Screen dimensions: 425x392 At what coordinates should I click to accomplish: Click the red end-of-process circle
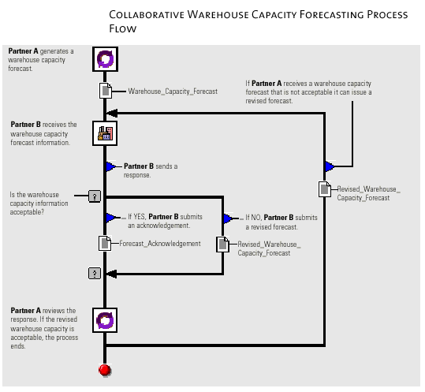pos(105,371)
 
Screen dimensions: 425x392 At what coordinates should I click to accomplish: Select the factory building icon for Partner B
pos(105,133)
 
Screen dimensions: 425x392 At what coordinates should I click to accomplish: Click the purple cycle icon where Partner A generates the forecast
pos(105,59)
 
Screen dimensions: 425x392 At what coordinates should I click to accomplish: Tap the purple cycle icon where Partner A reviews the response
pos(105,320)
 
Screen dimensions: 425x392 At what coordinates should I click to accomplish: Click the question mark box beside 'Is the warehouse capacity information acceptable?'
pos(95,196)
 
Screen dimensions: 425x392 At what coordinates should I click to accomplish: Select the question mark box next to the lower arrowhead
pos(95,273)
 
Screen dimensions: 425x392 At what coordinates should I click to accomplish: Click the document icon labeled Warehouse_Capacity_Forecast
pos(106,91)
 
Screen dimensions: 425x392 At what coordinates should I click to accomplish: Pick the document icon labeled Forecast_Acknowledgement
pos(105,243)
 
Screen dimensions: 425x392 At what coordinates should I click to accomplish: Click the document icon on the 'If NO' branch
pos(222,245)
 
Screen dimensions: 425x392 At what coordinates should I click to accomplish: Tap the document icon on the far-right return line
pos(325,189)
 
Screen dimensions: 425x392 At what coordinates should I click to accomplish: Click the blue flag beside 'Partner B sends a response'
pos(110,166)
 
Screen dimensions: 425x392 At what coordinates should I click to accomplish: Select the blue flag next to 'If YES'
pos(110,218)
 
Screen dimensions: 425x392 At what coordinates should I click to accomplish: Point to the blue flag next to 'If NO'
pos(228,218)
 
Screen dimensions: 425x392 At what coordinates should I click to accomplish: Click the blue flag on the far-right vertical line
pos(330,166)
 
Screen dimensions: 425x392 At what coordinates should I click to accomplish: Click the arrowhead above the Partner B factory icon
pos(112,113)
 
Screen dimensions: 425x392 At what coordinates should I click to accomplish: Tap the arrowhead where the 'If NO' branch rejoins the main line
pos(111,274)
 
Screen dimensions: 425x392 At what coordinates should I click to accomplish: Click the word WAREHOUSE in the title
pos(218,15)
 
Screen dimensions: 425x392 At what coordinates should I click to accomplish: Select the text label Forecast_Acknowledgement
pos(160,244)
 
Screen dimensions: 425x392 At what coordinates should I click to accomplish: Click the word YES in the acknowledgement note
pos(140,217)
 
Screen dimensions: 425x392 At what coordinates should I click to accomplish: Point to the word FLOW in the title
pos(123,28)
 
